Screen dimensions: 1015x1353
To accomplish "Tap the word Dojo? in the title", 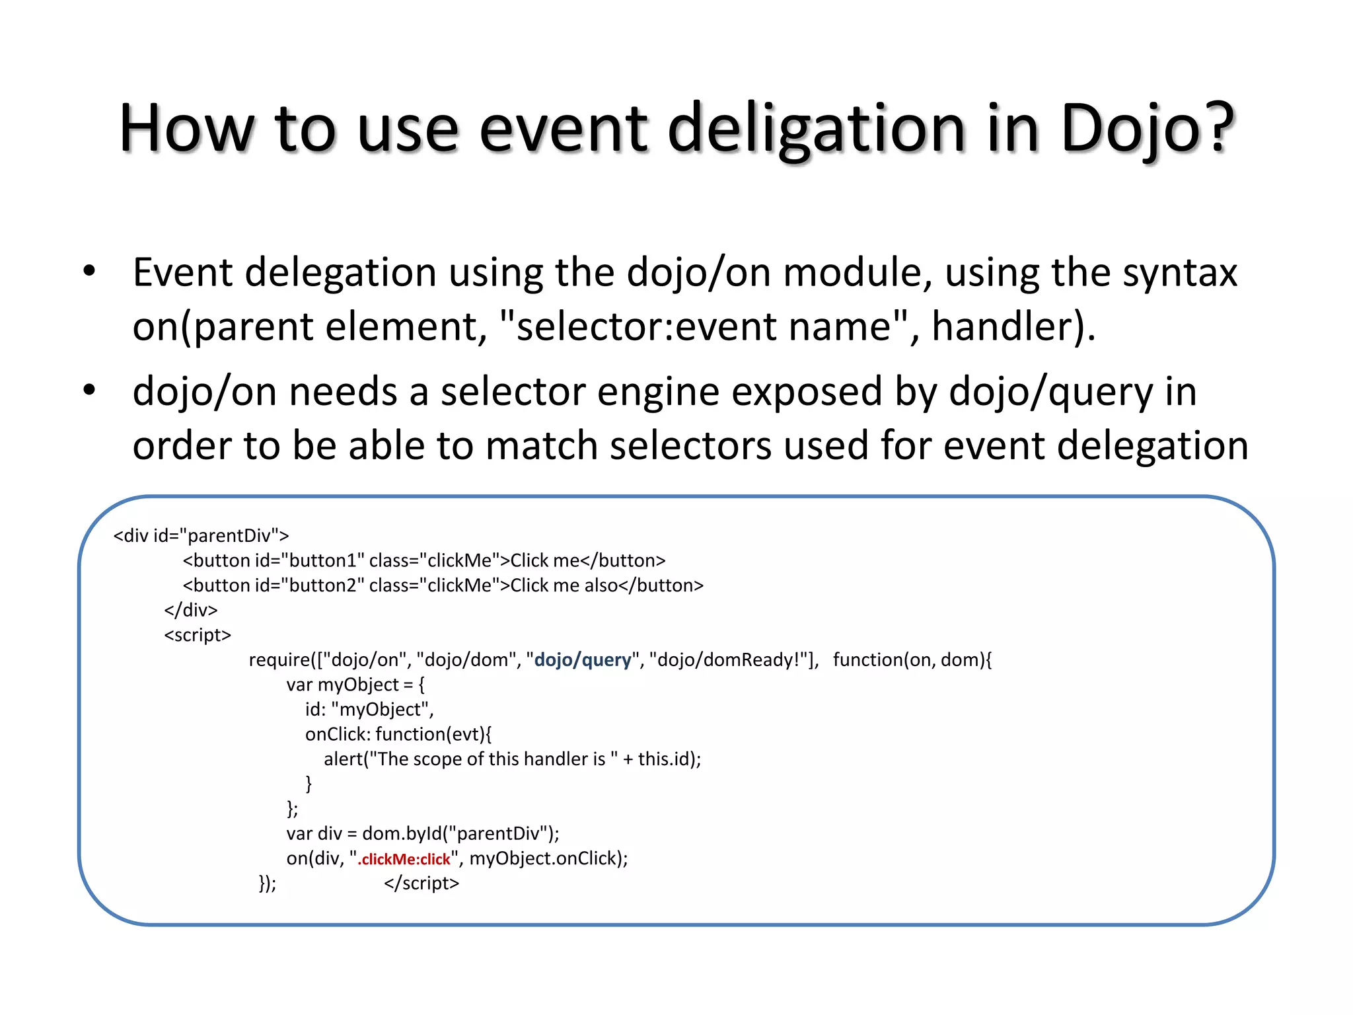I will click(x=1146, y=129).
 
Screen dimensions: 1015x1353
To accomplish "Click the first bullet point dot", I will click(x=89, y=271).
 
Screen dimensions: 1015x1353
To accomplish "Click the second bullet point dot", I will click(x=89, y=390).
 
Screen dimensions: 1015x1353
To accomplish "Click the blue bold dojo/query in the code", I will click(x=582, y=659).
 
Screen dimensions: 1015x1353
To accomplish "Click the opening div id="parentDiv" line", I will click(x=201, y=535).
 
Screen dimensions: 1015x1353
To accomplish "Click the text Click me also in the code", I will click(x=564, y=585).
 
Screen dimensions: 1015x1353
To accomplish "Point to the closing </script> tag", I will click(x=421, y=883).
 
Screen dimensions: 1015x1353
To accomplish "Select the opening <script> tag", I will click(x=198, y=635).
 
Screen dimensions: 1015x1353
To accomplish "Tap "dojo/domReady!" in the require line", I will click(x=729, y=659).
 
